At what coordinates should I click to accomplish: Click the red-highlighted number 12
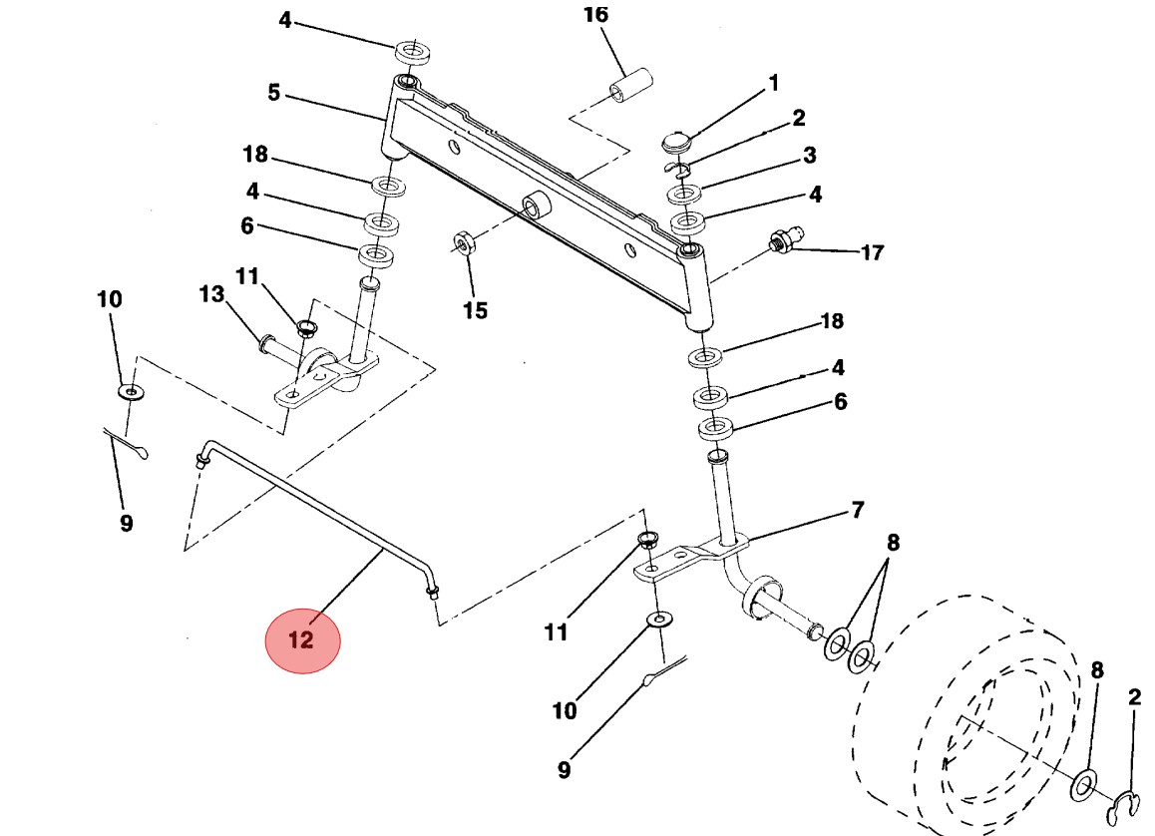(302, 639)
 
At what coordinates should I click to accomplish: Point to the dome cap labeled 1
(677, 141)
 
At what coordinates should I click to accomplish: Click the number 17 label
(871, 253)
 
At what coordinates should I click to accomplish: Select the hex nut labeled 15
(464, 242)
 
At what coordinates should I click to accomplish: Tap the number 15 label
(475, 310)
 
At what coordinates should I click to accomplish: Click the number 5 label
(273, 94)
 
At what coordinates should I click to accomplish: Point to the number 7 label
(857, 511)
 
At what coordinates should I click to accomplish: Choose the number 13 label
(211, 294)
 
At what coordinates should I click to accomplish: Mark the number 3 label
(809, 156)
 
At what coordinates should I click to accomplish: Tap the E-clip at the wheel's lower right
(1128, 803)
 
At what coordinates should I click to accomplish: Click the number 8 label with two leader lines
(893, 543)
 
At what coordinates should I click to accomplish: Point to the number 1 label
(773, 84)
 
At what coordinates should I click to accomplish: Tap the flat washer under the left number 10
(130, 391)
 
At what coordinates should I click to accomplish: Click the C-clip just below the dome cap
(679, 167)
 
